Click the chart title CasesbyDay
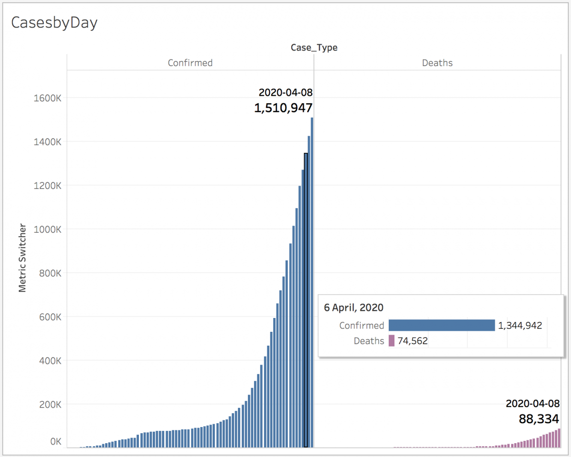click(54, 23)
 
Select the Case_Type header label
click(314, 48)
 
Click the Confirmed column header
click(190, 63)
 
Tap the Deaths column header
click(437, 63)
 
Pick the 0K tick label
click(56, 442)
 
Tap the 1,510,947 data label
click(283, 108)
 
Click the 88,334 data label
click(539, 419)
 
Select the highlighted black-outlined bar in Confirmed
click(306, 300)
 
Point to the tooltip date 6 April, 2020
click(354, 308)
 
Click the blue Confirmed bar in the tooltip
click(442, 325)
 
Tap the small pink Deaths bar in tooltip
click(392, 341)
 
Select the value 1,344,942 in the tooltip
click(520, 326)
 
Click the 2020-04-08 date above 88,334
click(532, 404)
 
